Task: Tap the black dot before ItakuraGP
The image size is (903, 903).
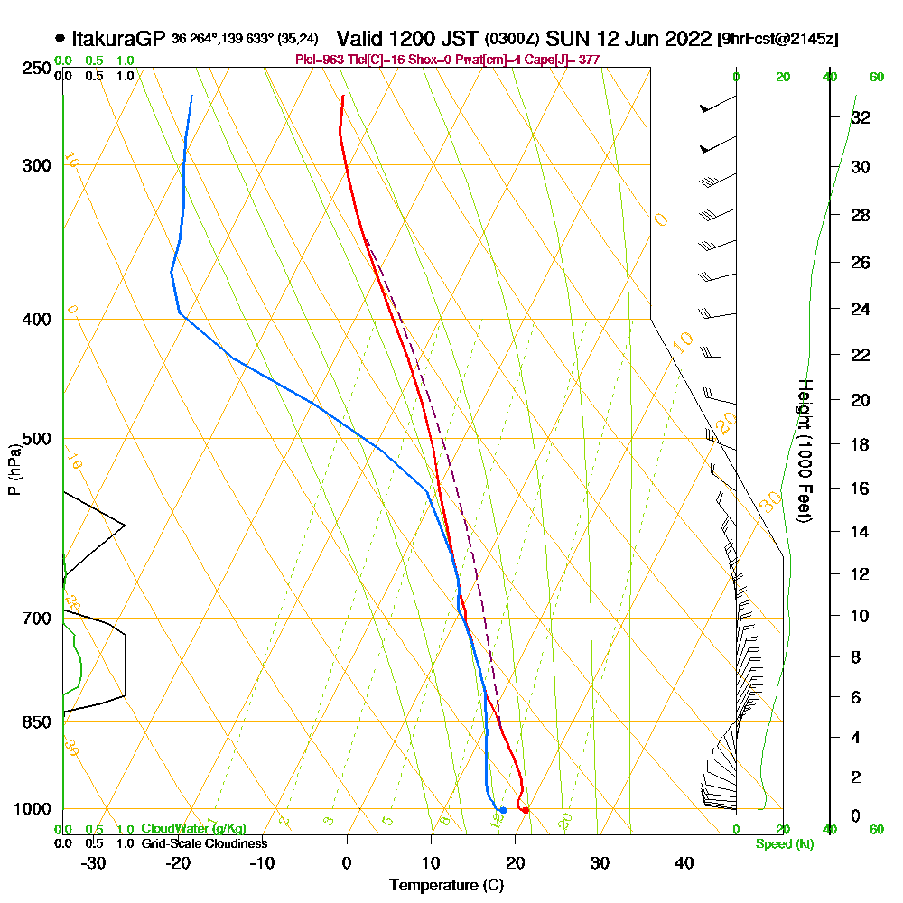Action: tap(60, 39)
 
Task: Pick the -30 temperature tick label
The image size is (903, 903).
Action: tap(94, 863)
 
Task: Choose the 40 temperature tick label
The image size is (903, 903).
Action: tap(684, 863)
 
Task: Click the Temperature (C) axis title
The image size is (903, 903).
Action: tap(446, 886)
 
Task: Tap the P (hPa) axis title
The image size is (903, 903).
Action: tap(14, 469)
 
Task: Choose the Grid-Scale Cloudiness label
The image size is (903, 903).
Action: tap(204, 843)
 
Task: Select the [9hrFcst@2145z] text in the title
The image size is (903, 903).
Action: tap(777, 40)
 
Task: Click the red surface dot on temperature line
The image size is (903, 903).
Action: tap(525, 810)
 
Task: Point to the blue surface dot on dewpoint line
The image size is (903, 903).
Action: tap(502, 810)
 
